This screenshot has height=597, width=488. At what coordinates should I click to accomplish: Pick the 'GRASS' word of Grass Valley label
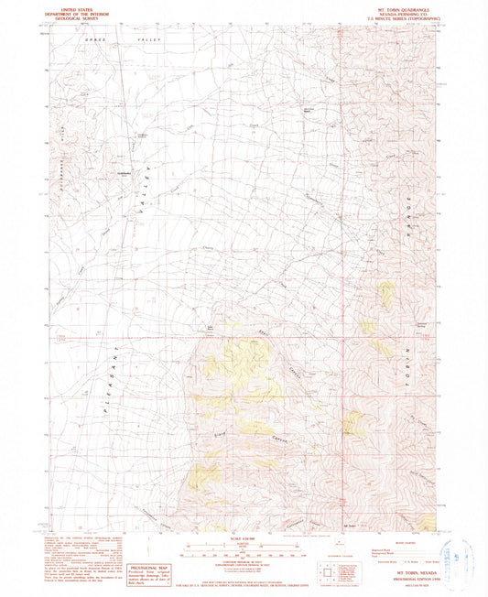[x=92, y=42]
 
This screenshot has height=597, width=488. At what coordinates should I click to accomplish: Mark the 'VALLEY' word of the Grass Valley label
[x=147, y=42]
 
